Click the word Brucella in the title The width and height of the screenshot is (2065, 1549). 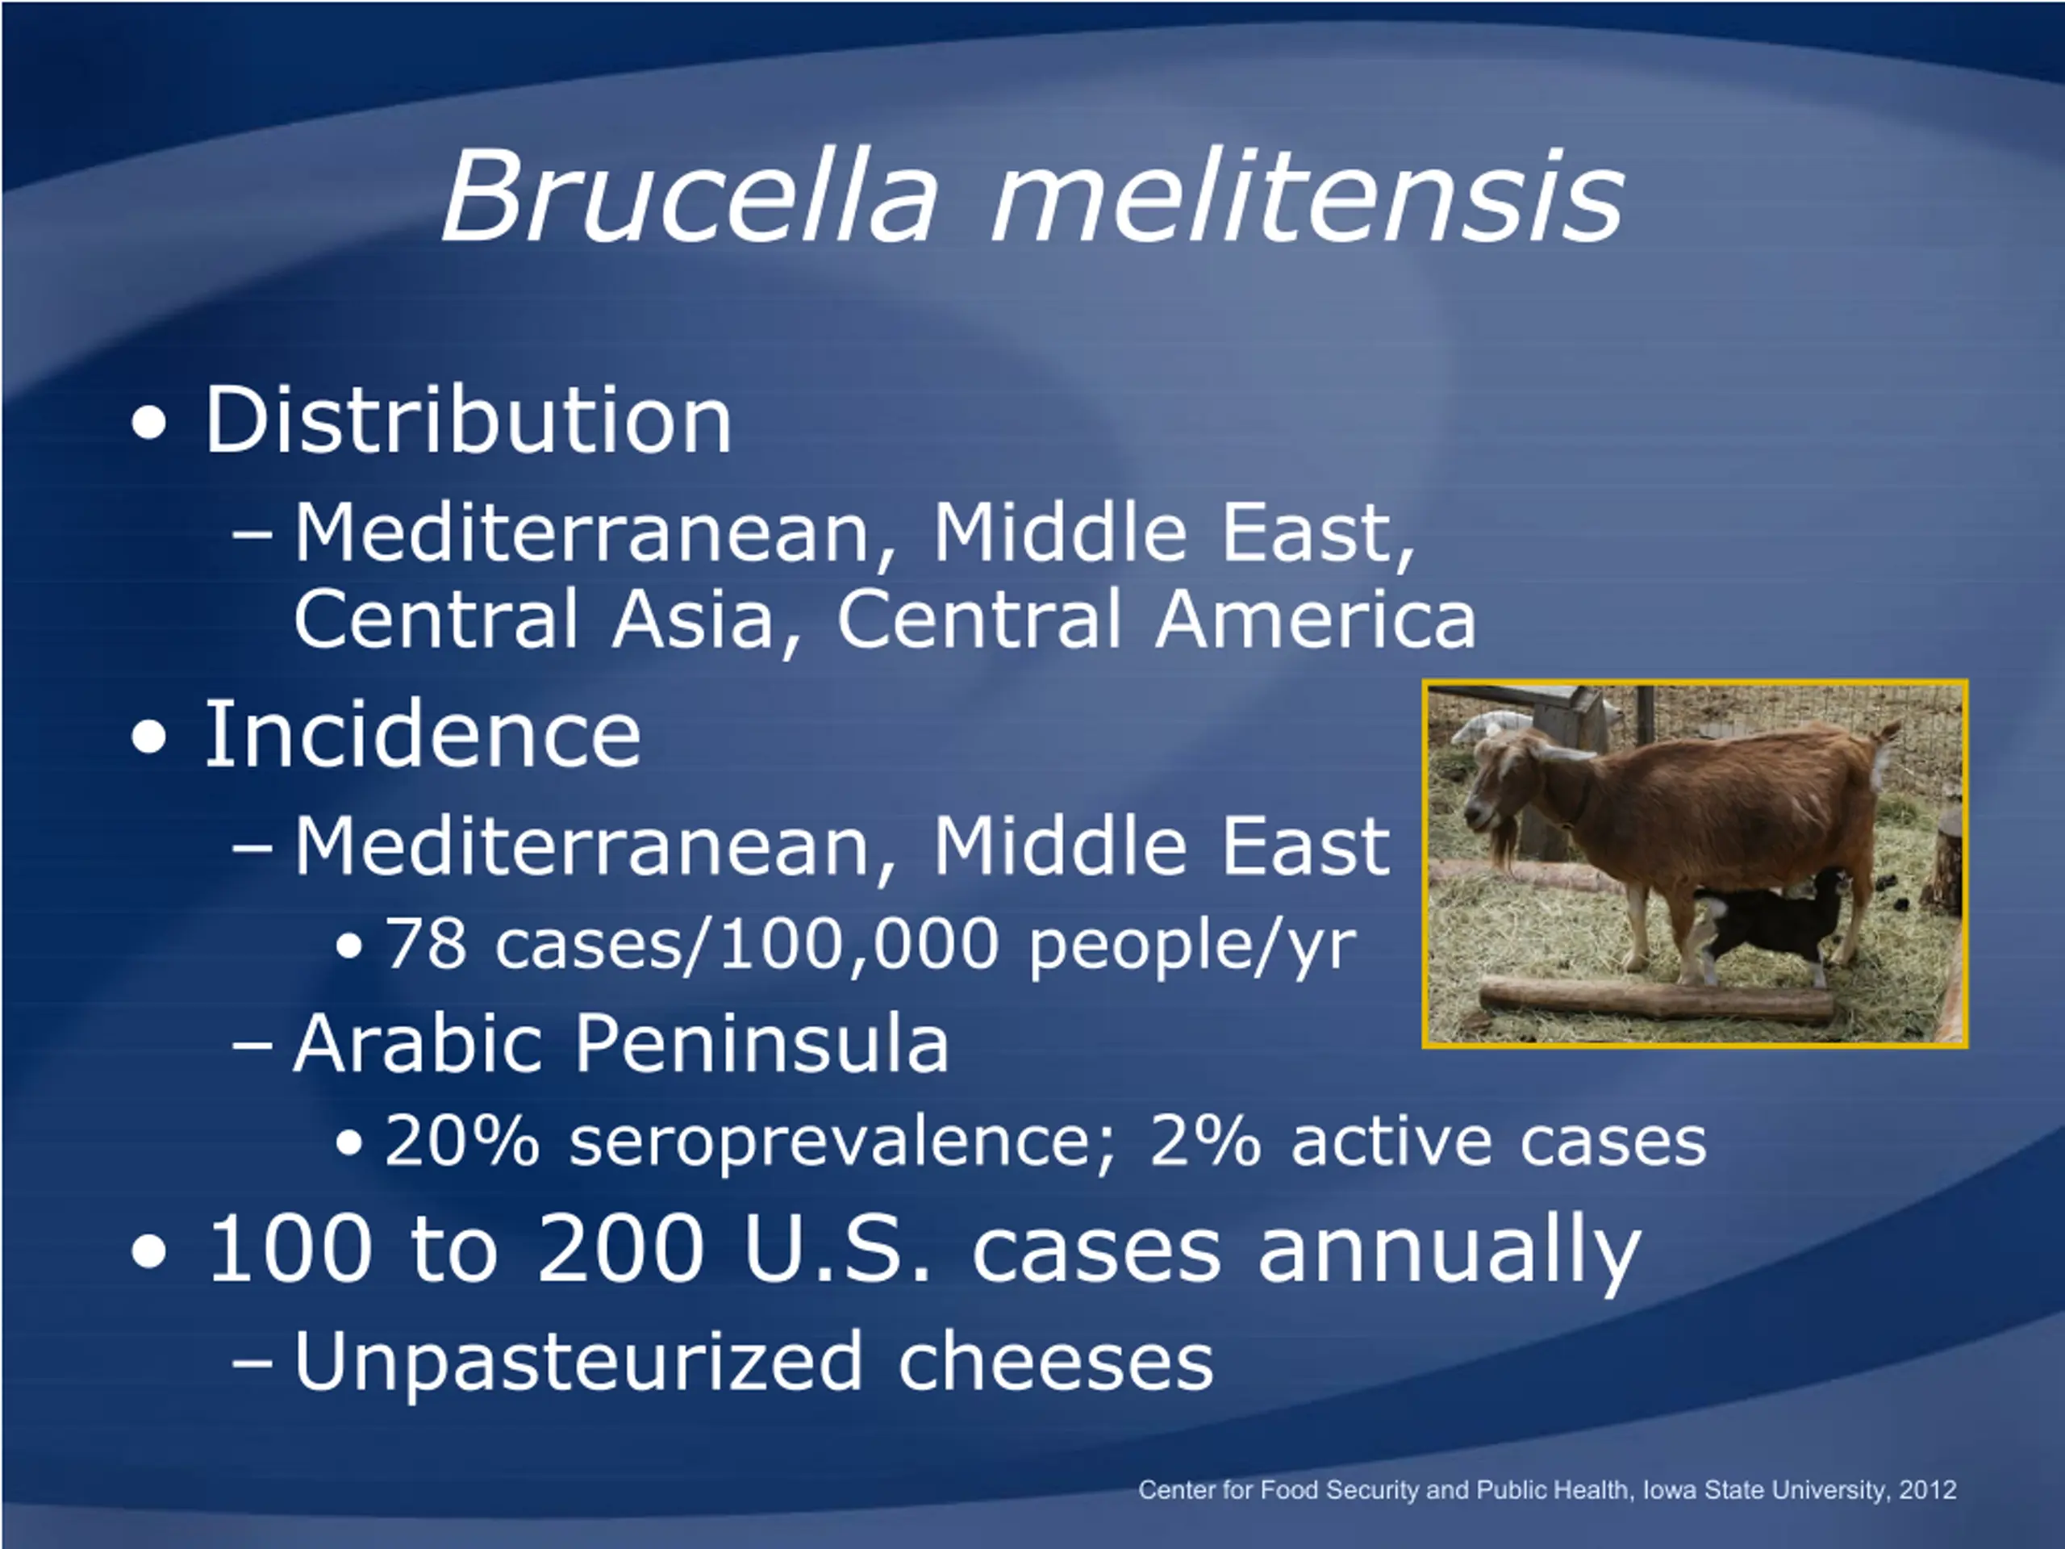(689, 196)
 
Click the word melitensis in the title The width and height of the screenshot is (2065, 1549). (1307, 196)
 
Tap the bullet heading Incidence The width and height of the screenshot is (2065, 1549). (422, 734)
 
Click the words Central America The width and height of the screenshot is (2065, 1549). (1156, 618)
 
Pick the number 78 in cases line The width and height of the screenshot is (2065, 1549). (426, 944)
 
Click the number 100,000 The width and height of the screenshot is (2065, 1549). (858, 945)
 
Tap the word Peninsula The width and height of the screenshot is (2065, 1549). (761, 1045)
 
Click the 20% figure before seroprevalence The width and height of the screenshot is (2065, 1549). (462, 1140)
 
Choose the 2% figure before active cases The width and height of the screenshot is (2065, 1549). (1205, 1140)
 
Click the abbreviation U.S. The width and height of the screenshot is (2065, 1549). (837, 1249)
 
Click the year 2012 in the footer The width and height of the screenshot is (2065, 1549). (1928, 1490)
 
